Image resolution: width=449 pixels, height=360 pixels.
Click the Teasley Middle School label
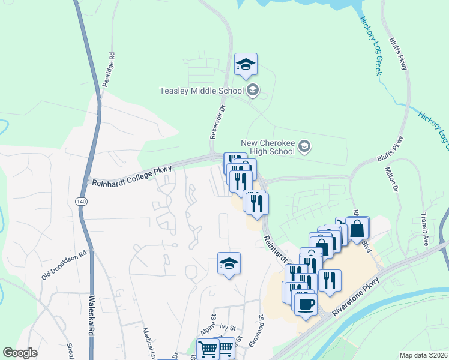click(201, 91)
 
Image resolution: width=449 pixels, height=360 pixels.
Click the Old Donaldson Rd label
click(64, 265)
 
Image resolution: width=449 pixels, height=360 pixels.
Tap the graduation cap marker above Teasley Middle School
click(245, 65)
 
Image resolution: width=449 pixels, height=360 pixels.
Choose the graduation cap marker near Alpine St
click(228, 264)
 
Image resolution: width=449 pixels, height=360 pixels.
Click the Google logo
click(20, 353)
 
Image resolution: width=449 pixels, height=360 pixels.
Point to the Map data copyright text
click(423, 355)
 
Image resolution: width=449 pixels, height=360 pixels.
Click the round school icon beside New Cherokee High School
click(304, 146)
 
